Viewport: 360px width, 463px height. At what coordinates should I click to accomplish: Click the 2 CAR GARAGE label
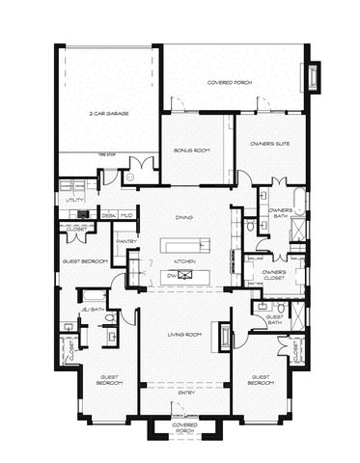(x=109, y=113)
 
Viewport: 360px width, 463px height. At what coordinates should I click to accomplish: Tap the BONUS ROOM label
(x=192, y=150)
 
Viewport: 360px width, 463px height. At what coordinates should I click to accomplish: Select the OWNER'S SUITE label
(x=270, y=145)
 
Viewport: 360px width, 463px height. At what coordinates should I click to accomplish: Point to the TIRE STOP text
(x=108, y=152)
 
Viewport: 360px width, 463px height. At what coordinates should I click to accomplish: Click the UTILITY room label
(x=72, y=200)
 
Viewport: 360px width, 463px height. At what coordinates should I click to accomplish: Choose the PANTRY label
(x=125, y=241)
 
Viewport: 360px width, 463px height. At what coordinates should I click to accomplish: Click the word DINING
(x=183, y=218)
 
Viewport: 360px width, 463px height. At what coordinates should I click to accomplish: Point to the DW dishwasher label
(x=171, y=276)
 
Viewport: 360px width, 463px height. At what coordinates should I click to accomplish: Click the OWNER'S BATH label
(x=280, y=212)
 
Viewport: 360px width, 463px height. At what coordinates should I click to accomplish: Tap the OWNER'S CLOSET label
(x=275, y=275)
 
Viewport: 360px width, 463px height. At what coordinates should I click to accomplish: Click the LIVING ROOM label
(x=183, y=334)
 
